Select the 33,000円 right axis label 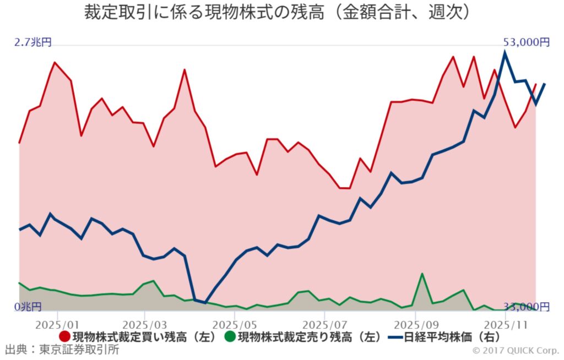527,306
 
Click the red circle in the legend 64,336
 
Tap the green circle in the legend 230,336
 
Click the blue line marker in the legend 395,336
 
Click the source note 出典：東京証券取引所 61,350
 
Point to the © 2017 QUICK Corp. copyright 515,350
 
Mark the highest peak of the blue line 505,53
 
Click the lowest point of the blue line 205,303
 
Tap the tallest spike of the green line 422,274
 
